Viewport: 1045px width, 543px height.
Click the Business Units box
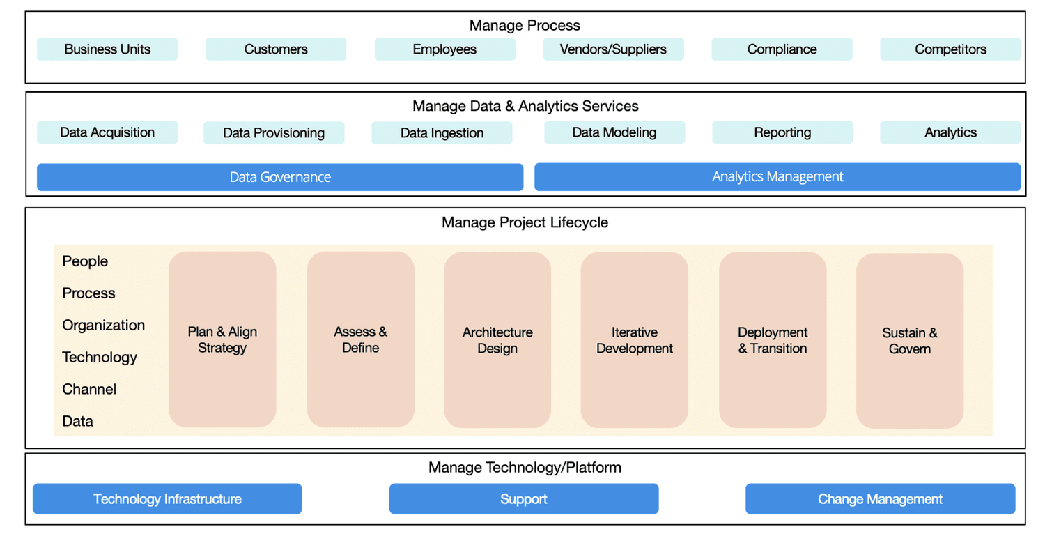107,49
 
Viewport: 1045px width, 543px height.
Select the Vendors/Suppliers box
613,49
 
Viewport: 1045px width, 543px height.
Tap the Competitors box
950,49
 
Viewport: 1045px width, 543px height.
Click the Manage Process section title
525,26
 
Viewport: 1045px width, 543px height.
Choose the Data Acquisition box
107,132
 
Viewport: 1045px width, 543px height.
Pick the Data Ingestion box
442,133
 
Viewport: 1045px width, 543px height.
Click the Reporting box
782,132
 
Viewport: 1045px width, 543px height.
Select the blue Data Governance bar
280,177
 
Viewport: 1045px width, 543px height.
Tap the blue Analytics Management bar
777,177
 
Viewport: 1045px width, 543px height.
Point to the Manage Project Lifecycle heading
525,222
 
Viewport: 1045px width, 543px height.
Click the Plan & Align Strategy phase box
222,339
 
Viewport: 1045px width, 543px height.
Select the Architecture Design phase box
497,339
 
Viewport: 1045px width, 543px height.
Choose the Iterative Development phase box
635,339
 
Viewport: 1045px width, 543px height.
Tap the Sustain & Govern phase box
910,340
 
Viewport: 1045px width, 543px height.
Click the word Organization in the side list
104,326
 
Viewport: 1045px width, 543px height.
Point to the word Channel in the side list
89,389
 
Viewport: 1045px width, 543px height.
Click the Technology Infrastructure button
167,499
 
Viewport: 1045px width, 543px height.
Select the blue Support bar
524,499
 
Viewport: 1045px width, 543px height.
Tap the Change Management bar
880,499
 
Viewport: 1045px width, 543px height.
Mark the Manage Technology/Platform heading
525,467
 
